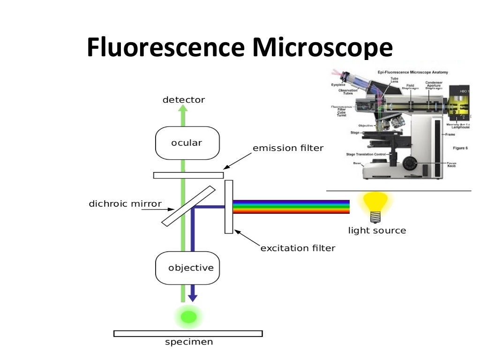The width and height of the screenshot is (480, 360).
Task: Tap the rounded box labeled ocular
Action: pos(187,143)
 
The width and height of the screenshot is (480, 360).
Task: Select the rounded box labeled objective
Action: pos(187,268)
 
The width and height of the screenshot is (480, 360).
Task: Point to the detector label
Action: pos(183,100)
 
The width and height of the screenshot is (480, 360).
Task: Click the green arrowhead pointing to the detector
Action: pos(183,109)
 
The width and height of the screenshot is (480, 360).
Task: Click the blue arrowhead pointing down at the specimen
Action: pos(192,298)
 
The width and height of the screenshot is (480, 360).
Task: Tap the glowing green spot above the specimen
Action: pos(188,316)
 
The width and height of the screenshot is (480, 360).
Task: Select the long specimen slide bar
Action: pos(188,334)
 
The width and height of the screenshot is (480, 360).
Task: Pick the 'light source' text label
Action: pos(377,231)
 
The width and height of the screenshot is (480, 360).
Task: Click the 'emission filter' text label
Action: pos(288,149)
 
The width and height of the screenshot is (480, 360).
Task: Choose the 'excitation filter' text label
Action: pos(298,248)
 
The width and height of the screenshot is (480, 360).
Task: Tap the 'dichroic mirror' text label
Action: pos(125,204)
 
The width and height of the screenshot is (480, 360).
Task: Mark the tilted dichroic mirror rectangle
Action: pos(188,206)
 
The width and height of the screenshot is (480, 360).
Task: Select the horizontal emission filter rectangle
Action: pos(188,175)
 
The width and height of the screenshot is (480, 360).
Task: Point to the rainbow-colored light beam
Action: pos(291,207)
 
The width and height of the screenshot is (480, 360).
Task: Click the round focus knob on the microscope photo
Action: pos(409,164)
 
